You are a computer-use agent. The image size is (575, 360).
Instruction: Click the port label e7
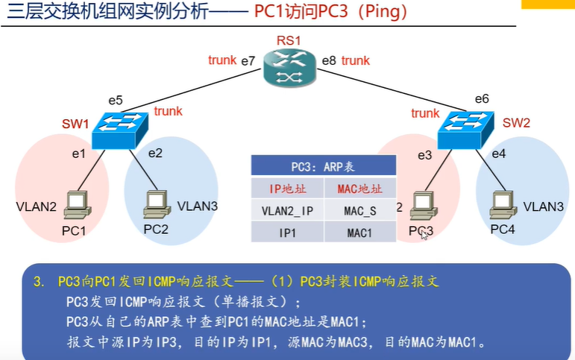248,60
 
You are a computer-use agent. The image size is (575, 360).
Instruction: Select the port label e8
329,60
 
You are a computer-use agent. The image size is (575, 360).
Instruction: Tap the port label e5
115,100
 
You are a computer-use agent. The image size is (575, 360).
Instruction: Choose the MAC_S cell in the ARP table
360,210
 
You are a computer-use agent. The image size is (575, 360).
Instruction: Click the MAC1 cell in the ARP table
360,233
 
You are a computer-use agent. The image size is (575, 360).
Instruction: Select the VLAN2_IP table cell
287,210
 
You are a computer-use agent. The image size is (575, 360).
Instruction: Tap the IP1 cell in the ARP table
287,233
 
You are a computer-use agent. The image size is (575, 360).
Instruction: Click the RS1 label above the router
288,40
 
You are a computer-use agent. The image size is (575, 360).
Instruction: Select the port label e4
499,154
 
